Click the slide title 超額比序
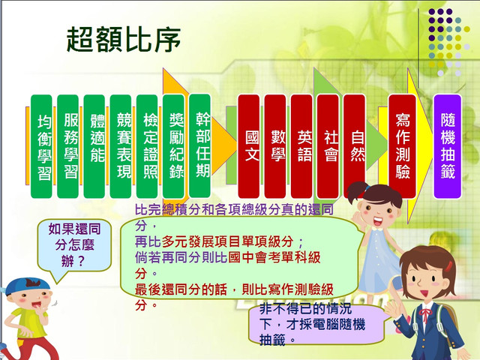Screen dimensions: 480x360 point(123,40)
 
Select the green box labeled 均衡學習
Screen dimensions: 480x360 point(41,146)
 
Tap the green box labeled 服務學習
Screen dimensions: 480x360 point(67,146)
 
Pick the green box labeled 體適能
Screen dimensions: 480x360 point(94,146)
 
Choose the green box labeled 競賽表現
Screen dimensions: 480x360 point(120,146)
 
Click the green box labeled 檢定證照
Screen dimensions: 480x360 point(147,146)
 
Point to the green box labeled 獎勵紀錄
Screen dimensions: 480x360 point(173,146)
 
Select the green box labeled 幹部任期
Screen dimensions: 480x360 point(199,145)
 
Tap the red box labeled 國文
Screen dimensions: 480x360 point(248,146)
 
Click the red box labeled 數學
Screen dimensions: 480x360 point(275,146)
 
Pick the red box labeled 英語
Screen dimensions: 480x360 point(301,146)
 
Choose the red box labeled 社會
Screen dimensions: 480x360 point(328,146)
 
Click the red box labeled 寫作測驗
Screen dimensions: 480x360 point(402,146)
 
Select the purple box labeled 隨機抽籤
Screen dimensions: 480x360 point(448,146)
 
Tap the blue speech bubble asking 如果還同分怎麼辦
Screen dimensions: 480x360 point(74,246)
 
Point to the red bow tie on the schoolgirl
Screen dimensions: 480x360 point(425,315)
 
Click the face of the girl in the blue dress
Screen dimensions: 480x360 point(378,212)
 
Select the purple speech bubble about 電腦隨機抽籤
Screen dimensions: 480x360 point(316,325)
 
